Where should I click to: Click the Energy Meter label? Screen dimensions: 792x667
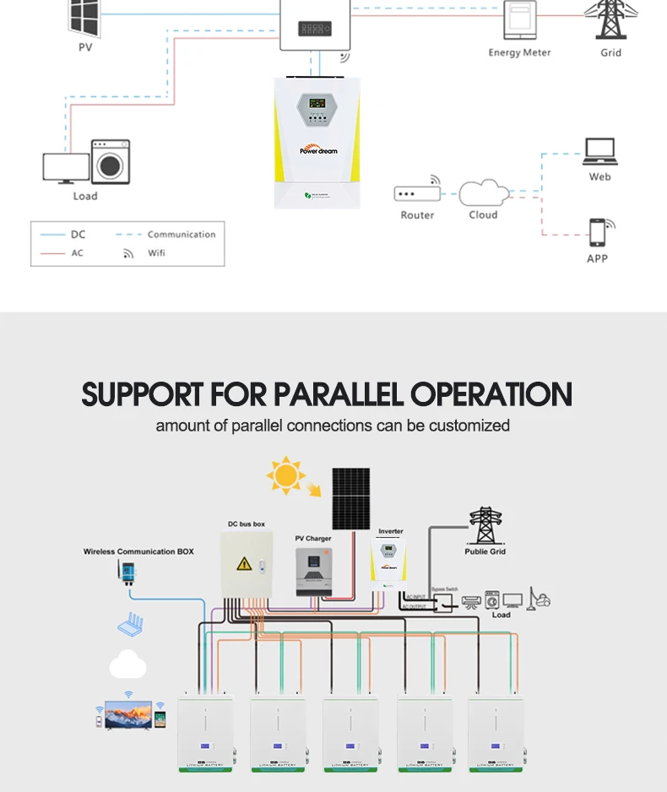[x=519, y=52]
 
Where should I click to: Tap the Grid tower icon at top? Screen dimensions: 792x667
[x=609, y=19]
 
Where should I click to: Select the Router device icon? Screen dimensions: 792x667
[x=417, y=193]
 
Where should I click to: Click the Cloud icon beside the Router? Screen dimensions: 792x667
[x=484, y=193]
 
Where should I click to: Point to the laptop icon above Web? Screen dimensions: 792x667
[x=599, y=152]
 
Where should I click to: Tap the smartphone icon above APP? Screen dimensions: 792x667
[x=599, y=232]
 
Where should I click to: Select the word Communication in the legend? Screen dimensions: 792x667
[x=182, y=235]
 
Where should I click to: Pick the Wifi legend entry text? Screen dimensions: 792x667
[x=156, y=253]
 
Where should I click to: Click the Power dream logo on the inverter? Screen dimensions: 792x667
[x=317, y=147]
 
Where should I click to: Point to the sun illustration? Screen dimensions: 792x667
[x=285, y=475]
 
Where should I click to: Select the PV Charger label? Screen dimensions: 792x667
[x=312, y=538]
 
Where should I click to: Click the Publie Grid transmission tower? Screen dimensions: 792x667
[x=485, y=525]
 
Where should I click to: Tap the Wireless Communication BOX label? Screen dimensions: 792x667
[x=138, y=551]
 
